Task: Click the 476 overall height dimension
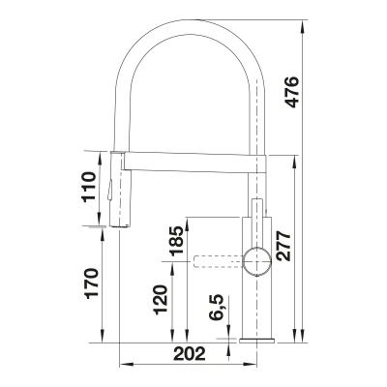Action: click(x=292, y=92)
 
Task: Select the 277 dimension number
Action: click(x=283, y=246)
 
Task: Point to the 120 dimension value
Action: click(x=161, y=300)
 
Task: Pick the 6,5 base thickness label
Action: click(x=216, y=308)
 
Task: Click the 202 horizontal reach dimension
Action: click(x=190, y=354)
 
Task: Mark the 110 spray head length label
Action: click(x=89, y=187)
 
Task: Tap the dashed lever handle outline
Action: click(x=218, y=261)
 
